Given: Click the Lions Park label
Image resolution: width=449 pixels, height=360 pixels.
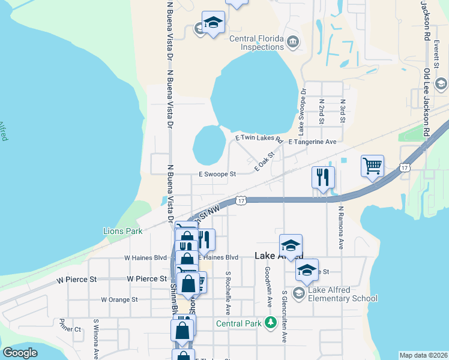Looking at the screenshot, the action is [x=122, y=231].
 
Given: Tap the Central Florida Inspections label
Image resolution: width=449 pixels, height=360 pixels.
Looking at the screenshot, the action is [x=257, y=42].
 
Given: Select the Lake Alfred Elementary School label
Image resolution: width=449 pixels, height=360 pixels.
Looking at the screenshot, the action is [x=343, y=294].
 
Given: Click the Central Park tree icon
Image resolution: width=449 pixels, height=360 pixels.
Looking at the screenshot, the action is [x=271, y=323].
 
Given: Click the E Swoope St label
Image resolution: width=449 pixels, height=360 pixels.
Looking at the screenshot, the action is [x=218, y=174].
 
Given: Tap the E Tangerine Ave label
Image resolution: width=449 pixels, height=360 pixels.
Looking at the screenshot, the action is [x=312, y=142].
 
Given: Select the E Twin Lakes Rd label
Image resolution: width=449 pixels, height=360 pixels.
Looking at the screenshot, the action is [x=258, y=138].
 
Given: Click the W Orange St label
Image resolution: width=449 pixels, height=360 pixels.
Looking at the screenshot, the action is [x=119, y=299].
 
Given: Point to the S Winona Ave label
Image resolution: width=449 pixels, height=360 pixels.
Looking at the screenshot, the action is [x=95, y=339].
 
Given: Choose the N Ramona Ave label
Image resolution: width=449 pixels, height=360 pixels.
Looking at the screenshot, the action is [x=340, y=228].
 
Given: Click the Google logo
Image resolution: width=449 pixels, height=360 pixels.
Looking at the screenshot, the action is [x=20, y=353].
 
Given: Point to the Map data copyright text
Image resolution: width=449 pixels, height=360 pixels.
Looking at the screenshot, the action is [x=423, y=355].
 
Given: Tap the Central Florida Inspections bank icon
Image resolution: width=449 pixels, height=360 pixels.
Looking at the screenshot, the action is [x=292, y=42].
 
